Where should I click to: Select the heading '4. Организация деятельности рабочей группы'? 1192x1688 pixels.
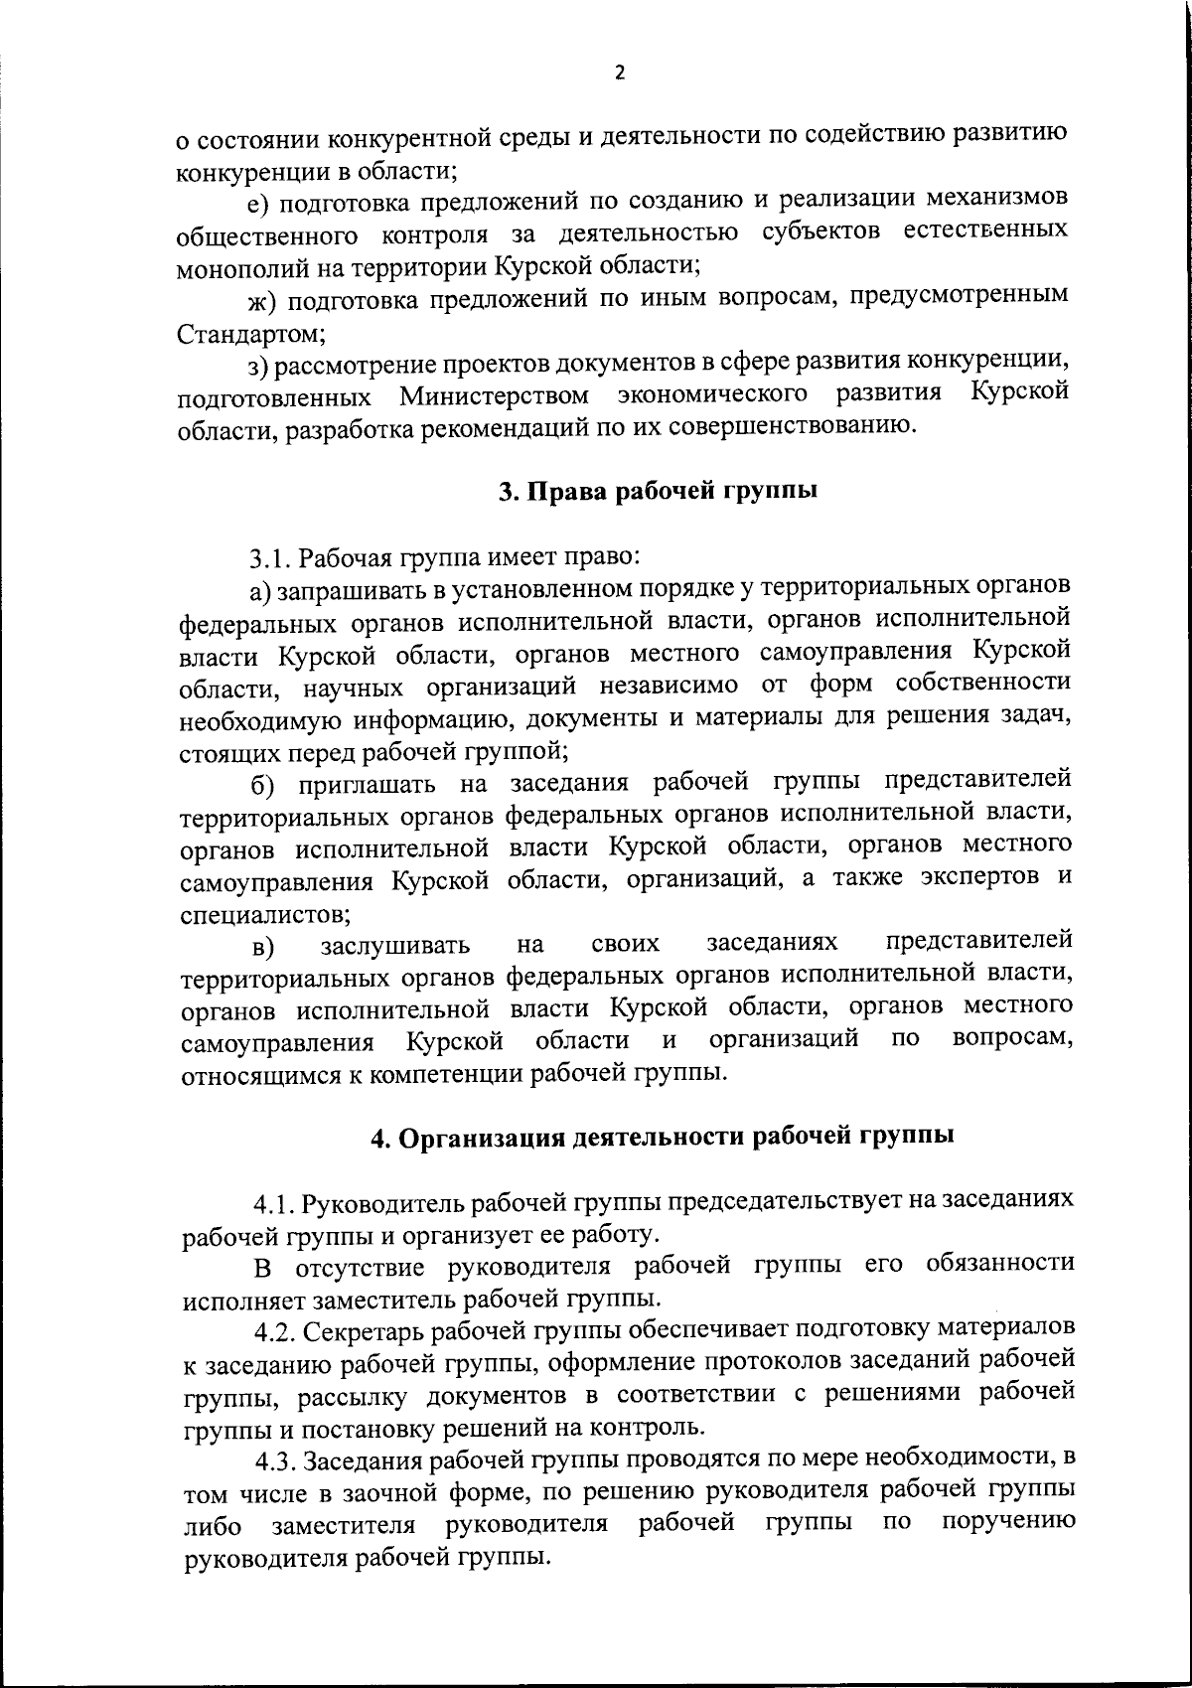click(663, 1138)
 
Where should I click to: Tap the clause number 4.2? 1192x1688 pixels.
click(275, 1331)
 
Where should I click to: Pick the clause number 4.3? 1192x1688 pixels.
click(277, 1461)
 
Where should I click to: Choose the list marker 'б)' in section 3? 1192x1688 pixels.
click(262, 784)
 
